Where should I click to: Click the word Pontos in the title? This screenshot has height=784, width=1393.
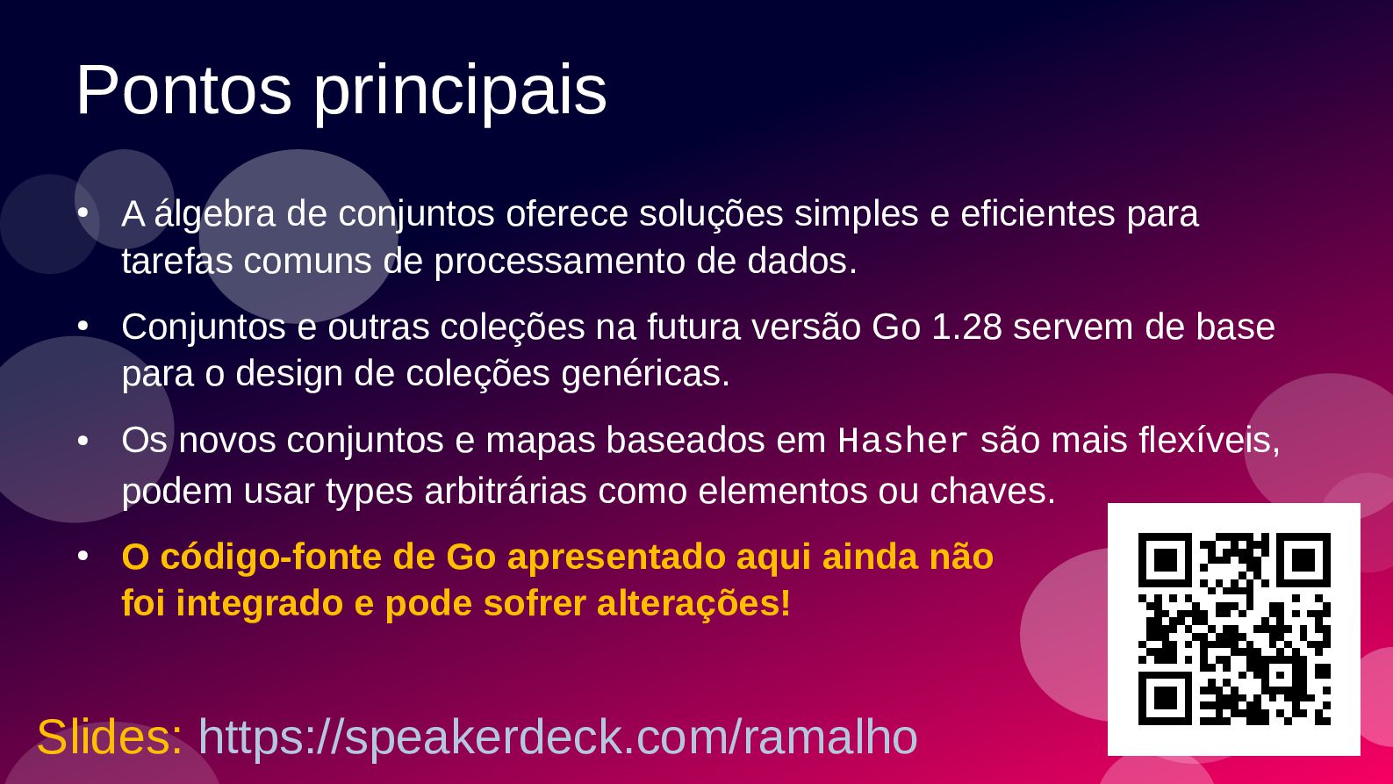[184, 90]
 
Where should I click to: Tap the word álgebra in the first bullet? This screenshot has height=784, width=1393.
[214, 215]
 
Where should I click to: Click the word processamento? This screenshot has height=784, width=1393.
[560, 262]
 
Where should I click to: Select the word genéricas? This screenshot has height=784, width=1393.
[645, 375]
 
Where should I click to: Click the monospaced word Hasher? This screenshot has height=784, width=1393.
[902, 441]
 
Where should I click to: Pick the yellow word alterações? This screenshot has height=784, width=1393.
[694, 604]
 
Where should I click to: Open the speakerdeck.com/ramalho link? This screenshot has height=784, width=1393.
[558, 738]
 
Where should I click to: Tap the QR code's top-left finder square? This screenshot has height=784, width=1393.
[1165, 560]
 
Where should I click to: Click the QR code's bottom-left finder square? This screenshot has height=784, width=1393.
[1165, 698]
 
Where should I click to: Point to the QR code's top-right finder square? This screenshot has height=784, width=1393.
[1303, 560]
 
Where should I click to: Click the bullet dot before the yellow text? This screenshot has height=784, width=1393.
[83, 557]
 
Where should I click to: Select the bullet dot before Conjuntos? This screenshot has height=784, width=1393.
[83, 326]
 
